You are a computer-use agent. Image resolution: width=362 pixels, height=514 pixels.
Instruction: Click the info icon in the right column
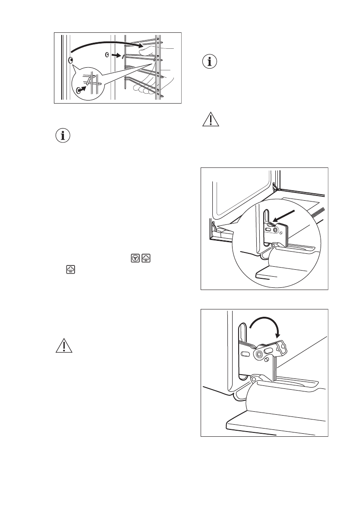point(210,62)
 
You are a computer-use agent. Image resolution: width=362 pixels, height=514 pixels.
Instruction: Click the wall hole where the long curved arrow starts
point(71,59)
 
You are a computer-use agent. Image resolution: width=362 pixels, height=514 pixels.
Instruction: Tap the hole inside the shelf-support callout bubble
point(79,90)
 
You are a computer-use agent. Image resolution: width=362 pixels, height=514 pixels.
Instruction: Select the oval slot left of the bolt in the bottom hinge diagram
point(245,353)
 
